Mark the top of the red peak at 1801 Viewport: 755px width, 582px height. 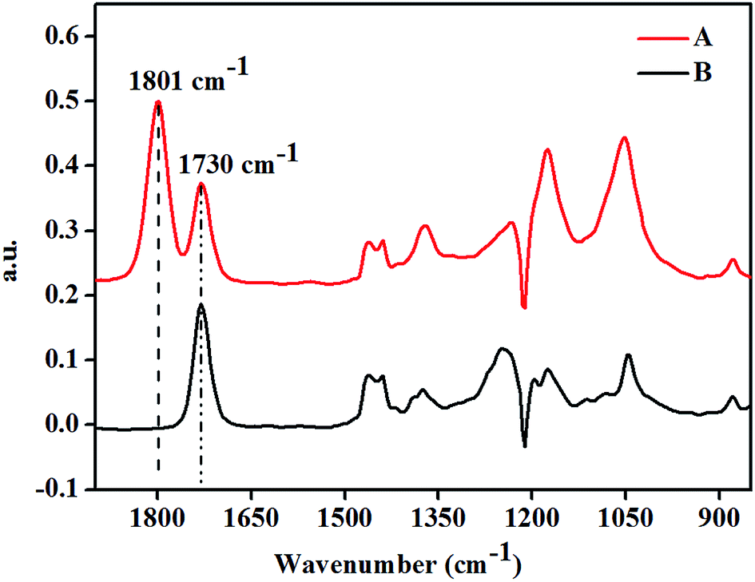[158, 102]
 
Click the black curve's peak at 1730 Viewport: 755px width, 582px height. [201, 305]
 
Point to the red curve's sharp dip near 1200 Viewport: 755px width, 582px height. [524, 307]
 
